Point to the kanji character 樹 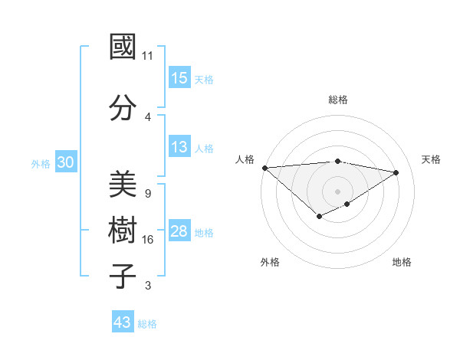click(x=123, y=231)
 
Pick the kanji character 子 click(x=123, y=276)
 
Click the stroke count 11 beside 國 click(x=148, y=56)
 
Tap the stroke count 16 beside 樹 click(x=148, y=240)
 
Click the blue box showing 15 click(x=179, y=78)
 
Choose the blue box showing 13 click(x=179, y=148)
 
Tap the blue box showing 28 click(x=179, y=231)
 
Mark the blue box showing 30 click(x=65, y=162)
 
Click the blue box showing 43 click(x=122, y=322)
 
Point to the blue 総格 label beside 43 click(x=147, y=324)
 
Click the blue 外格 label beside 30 click(x=40, y=164)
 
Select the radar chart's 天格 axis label click(x=431, y=159)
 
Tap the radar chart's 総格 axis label click(x=337, y=100)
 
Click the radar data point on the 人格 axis click(x=264, y=168)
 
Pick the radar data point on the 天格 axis click(x=396, y=172)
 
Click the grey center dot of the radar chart click(x=337, y=191)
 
